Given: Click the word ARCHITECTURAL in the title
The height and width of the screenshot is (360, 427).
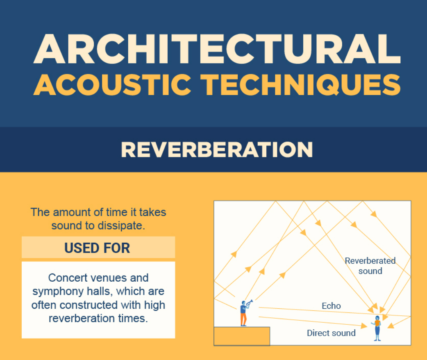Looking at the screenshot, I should click(217, 50).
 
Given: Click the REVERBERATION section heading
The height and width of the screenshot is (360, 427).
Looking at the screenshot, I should click(217, 150).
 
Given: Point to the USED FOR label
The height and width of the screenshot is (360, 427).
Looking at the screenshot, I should click(97, 248).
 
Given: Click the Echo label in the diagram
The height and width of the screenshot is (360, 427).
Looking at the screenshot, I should click(331, 306).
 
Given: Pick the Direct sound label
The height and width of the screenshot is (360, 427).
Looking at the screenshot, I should click(331, 333).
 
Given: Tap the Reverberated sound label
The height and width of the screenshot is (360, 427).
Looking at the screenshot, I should click(370, 266).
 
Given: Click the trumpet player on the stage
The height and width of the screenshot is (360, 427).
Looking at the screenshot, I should click(244, 313).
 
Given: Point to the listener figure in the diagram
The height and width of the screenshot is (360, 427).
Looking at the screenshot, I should click(377, 328).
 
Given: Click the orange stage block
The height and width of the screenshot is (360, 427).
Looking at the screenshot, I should click(242, 336).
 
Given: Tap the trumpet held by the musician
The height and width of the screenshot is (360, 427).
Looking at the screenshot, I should click(250, 303).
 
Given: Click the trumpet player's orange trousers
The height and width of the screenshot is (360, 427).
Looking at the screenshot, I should click(243, 320).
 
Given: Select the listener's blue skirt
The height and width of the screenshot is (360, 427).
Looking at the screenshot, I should click(377, 330).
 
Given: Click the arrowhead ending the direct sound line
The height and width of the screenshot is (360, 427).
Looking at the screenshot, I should click(364, 326).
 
